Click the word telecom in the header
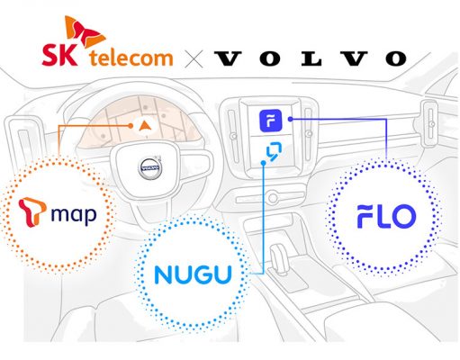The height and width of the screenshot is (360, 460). click(x=131, y=58)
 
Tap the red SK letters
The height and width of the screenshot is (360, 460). click(x=59, y=55)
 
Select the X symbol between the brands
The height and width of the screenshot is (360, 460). click(x=194, y=58)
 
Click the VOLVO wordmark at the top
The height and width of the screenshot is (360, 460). click(x=311, y=58)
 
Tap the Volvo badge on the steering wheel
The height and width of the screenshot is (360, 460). click(x=150, y=168)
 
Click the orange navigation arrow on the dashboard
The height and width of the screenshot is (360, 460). click(x=145, y=125)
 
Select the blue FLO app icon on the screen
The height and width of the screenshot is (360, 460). click(x=271, y=121)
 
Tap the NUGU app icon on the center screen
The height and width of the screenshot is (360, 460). click(x=274, y=151)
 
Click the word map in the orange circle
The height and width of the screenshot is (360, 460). click(x=74, y=215)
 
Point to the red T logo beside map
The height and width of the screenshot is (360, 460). click(x=32, y=211)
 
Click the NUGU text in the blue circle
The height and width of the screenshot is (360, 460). click(x=193, y=274)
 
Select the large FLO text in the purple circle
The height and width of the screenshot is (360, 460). click(x=386, y=216)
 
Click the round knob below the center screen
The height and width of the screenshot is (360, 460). click(x=273, y=198)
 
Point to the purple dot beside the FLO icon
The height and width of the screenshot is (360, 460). click(x=290, y=119)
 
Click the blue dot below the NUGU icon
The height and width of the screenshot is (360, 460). click(x=264, y=163)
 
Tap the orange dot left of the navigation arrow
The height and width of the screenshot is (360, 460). click(x=131, y=126)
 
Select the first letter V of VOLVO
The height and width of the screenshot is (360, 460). click(x=228, y=58)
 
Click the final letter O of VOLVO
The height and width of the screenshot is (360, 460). click(x=396, y=58)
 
